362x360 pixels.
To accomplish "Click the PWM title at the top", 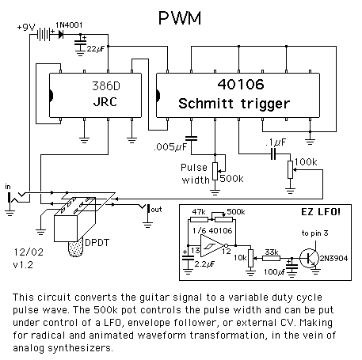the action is click(180, 17).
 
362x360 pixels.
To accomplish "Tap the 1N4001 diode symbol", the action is click(61, 34).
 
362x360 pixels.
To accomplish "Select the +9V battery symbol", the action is click(44, 34).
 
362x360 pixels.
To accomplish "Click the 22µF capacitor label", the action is click(96, 49).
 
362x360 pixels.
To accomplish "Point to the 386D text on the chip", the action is click(106, 86).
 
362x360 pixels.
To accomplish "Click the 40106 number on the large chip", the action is click(241, 85).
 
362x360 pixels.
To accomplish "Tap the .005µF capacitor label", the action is click(170, 146).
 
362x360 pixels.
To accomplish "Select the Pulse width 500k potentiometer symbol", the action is click(215, 172).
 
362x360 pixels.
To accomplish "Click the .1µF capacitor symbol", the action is click(273, 154).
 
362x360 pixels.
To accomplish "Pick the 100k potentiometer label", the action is click(306, 162).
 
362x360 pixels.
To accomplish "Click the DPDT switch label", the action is click(97, 243).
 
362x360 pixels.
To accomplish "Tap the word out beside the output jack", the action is click(156, 210).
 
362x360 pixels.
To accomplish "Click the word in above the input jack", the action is click(8, 187).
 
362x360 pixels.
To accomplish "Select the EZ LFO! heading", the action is click(321, 212).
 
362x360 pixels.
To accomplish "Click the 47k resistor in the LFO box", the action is click(199, 219).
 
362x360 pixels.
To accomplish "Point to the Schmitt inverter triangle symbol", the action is click(212, 246).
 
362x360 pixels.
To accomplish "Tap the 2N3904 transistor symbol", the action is click(310, 259).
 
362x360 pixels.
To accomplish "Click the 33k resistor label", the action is click(272, 252).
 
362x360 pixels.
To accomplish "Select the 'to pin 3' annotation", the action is click(314, 233).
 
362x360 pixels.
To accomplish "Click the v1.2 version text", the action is click(23, 264).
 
